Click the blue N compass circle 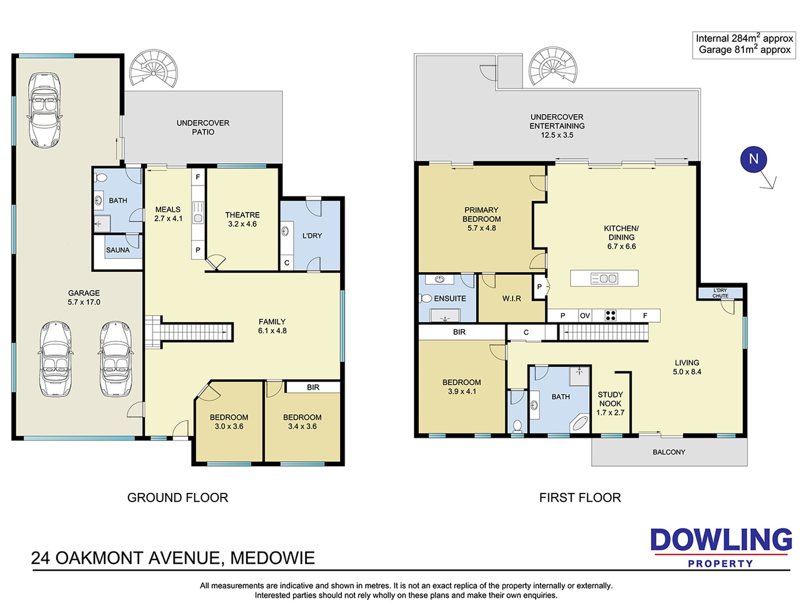coord(753,159)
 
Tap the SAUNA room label coord(118,250)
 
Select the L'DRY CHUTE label coord(721,293)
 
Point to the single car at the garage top coord(44,110)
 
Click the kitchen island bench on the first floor coord(604,278)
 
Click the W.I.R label coord(511,298)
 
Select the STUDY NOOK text coord(610,399)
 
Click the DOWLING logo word coord(721,540)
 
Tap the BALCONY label coord(669,452)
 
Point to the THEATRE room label coord(242,215)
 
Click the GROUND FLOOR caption coord(178,497)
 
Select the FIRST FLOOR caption coord(580,497)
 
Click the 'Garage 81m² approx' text coord(744,50)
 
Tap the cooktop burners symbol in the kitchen coord(611,316)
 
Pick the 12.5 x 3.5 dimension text coord(557,135)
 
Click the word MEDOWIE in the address coord(272,558)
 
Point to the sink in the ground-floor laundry coord(286,232)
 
